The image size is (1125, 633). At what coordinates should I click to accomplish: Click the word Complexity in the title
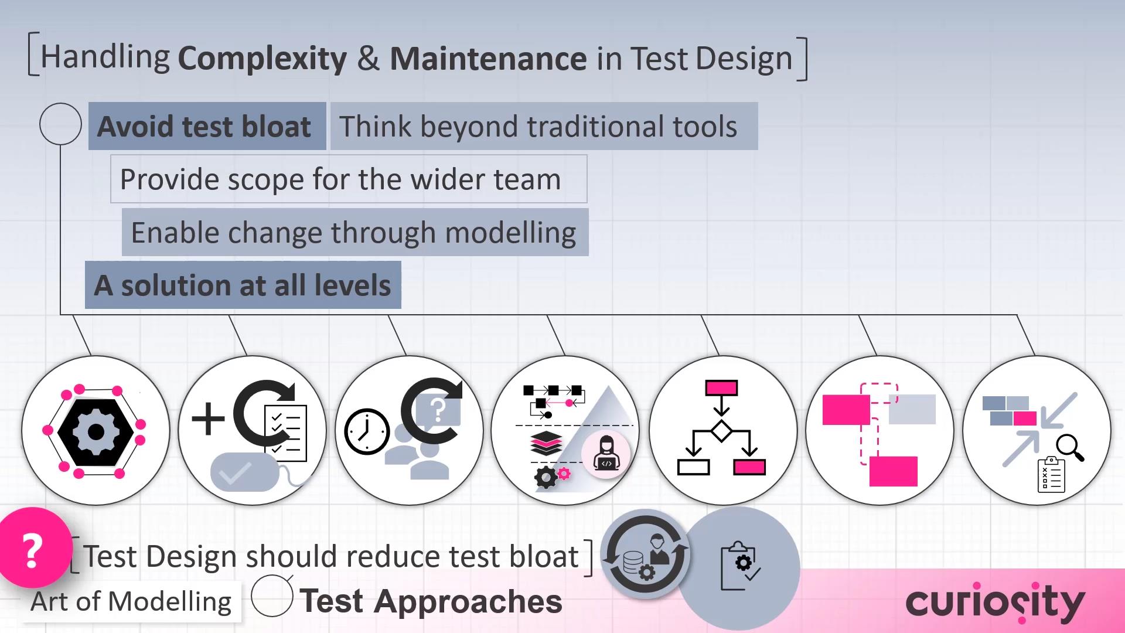click(262, 59)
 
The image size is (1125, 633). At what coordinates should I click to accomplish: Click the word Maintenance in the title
click(488, 59)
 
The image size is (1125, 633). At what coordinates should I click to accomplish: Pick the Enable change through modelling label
click(354, 233)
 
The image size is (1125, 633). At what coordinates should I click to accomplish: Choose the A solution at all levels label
click(243, 285)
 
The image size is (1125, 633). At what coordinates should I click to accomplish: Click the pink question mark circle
click(33, 550)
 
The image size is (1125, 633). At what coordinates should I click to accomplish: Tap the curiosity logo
click(995, 603)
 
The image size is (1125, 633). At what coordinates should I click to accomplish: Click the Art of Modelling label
click(131, 601)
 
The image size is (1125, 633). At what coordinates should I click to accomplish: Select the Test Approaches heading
click(431, 601)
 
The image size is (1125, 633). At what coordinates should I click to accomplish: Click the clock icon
click(367, 432)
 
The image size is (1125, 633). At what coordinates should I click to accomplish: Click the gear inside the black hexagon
click(96, 432)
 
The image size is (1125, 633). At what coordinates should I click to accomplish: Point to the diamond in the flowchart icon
click(721, 431)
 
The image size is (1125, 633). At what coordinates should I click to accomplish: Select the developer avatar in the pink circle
click(606, 454)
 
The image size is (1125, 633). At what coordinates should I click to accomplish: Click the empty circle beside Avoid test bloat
click(60, 124)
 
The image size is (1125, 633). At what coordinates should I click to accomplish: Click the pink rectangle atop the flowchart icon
click(721, 388)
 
